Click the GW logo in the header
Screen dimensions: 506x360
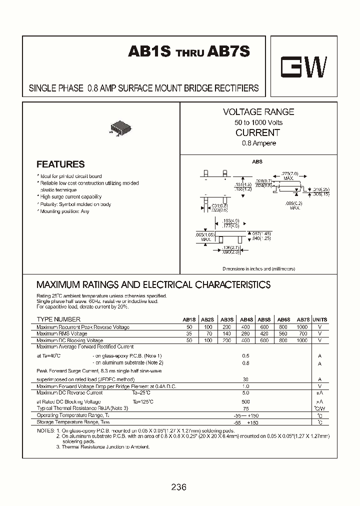[303, 67]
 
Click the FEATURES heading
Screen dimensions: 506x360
[60, 164]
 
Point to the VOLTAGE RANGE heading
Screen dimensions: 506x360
[258, 112]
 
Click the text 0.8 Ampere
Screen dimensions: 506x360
[258, 143]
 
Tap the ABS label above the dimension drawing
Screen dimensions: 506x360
[256, 162]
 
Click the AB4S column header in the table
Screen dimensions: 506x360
[246, 319]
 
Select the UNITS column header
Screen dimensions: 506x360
[319, 319]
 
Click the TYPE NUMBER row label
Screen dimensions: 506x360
[58, 319]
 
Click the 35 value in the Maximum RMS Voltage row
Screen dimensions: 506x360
[189, 333]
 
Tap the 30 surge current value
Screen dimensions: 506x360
[245, 378]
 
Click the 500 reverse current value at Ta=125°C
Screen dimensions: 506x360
[245, 401]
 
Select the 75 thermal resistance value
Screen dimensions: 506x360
[245, 408]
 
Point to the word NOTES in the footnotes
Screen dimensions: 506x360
[45, 430]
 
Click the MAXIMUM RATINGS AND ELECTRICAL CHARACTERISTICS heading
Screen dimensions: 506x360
[153, 285]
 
